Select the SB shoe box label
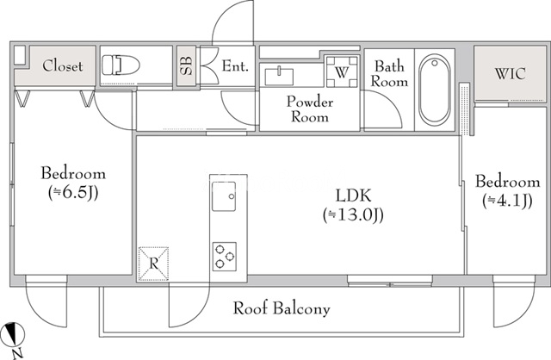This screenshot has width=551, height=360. coord(185,66)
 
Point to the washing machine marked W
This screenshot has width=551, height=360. coord(340,71)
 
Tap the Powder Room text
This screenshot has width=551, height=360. coord(309,109)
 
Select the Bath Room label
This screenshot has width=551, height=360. coord(388,74)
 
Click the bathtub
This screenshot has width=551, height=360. coord(436,90)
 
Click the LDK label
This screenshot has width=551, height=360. coord(352,195)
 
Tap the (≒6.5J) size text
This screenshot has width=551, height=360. coord(72,191)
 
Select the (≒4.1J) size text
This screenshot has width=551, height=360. coord(508,201)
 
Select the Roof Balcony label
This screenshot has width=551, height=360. coord(282,307)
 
